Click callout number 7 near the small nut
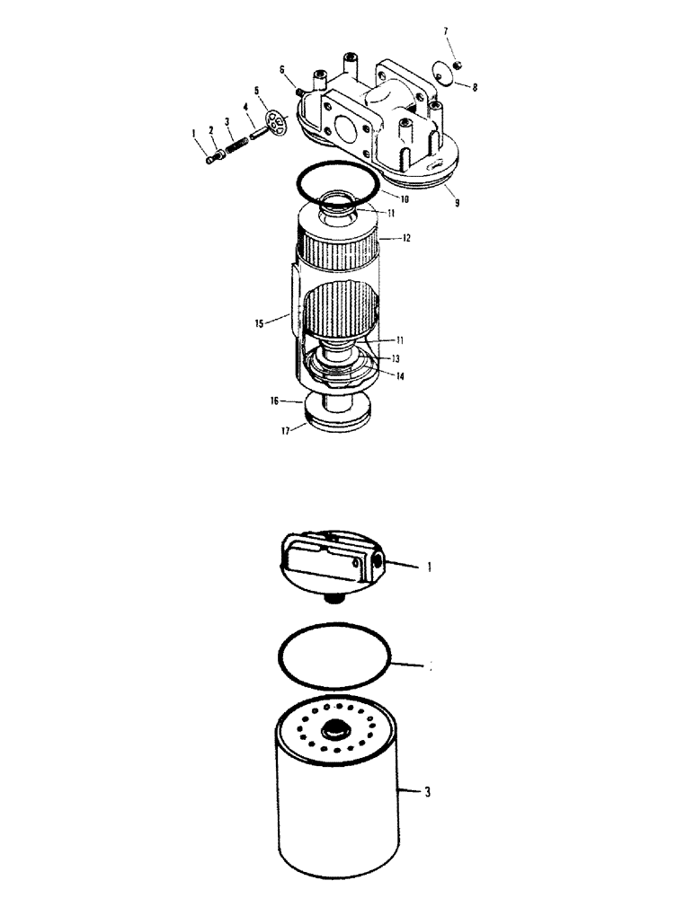(x=446, y=32)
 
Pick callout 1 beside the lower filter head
(x=430, y=567)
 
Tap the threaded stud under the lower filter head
(x=334, y=599)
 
